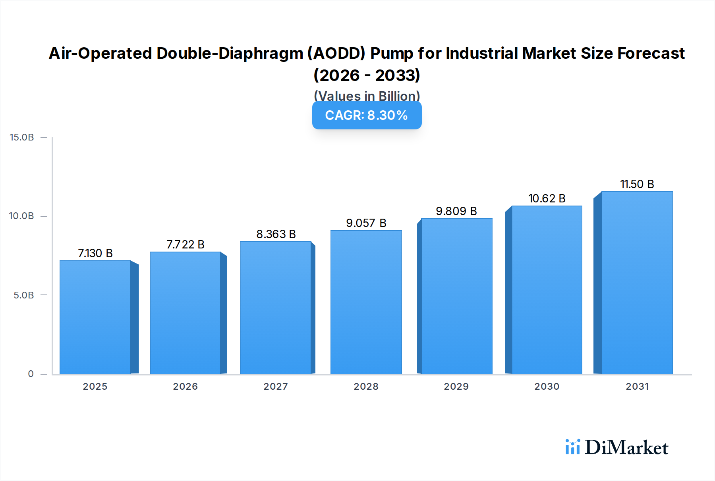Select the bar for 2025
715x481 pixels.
pyautogui.click(x=95, y=317)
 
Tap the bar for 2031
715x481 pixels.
pyautogui.click(x=637, y=283)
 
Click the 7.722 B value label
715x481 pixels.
pyautogui.click(x=185, y=244)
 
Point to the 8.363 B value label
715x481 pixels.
pyautogui.click(x=276, y=234)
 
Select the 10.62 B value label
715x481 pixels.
pyautogui.click(x=547, y=198)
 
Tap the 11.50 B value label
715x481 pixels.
pyautogui.click(x=637, y=184)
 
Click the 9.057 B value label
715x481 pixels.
pyautogui.click(x=366, y=223)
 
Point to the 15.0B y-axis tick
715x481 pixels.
pyautogui.click(x=22, y=137)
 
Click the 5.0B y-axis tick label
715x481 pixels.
pyautogui.click(x=23, y=295)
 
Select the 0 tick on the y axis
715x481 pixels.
pyautogui.click(x=31, y=374)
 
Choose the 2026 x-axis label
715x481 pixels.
pyautogui.click(x=185, y=387)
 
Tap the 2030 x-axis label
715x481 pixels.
pyautogui.click(x=547, y=387)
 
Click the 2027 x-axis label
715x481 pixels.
pyautogui.click(x=276, y=387)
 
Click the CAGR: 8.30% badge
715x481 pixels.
pyautogui.click(x=367, y=115)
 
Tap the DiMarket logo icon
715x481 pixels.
pyautogui.click(x=572, y=447)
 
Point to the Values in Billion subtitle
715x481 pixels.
pyautogui.click(x=367, y=96)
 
